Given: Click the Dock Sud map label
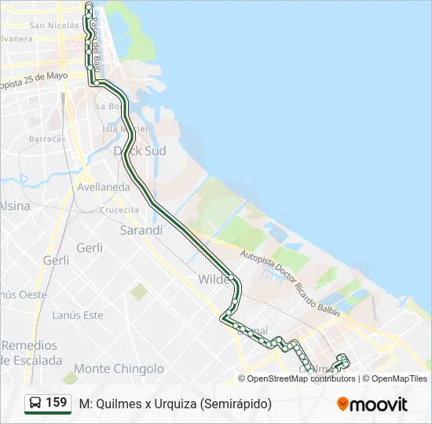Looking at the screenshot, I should click(x=140, y=151).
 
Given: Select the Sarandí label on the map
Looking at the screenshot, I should click(x=141, y=231).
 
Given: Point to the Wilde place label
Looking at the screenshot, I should click(x=214, y=280).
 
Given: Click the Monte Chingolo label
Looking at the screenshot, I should click(x=119, y=368).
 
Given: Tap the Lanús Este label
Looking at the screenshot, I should click(x=77, y=315).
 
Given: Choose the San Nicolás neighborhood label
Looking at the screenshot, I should click(x=53, y=25).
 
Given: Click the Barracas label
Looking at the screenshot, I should click(x=47, y=138).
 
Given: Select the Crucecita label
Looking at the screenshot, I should click(x=119, y=210).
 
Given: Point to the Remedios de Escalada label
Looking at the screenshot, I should click(x=31, y=353).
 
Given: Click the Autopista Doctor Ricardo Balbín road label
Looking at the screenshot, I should click(x=291, y=283).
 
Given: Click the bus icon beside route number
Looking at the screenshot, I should click(x=35, y=404).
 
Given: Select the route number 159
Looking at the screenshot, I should click(x=56, y=403).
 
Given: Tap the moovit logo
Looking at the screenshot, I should click(x=372, y=404).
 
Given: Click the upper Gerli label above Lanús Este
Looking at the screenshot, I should click(x=90, y=247).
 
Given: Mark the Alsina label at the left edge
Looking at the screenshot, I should click(x=14, y=206).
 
